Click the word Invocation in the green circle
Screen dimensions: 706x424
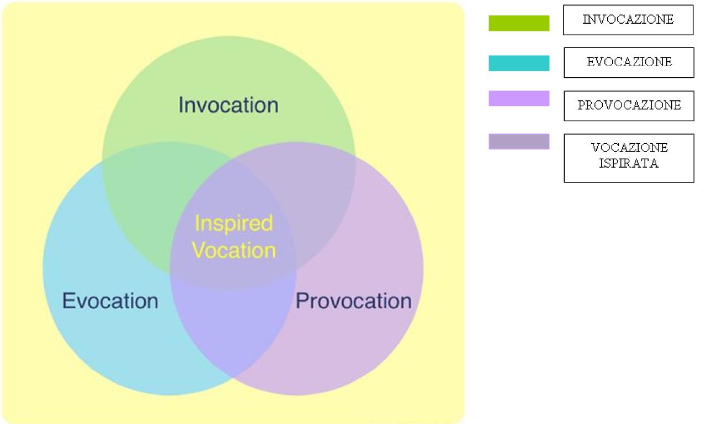(229, 105)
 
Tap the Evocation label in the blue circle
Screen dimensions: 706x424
(110, 301)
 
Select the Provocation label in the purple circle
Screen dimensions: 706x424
(354, 301)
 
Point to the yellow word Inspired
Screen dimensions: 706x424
(234, 224)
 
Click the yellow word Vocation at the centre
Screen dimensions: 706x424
(234, 250)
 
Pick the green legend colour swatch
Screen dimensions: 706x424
(519, 23)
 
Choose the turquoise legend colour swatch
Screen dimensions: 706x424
(519, 63)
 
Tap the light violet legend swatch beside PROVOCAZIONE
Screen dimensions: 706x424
(519, 98)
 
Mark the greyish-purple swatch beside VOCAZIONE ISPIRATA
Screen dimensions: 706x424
(519, 141)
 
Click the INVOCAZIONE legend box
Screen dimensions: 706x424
(628, 20)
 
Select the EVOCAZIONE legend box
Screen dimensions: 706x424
(629, 62)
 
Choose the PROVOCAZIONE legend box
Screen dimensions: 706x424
(629, 106)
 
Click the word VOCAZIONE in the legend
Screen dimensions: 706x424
(629, 147)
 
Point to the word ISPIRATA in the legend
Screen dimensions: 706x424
(629, 163)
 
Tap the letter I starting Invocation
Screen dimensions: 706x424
(181, 105)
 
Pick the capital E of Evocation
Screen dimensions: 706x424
(68, 300)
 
